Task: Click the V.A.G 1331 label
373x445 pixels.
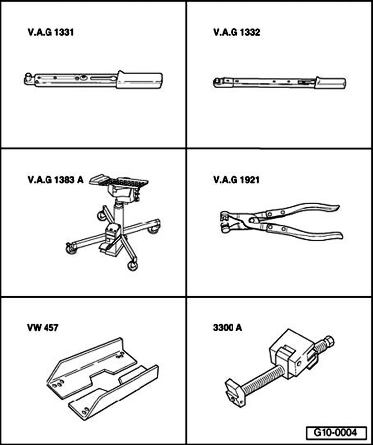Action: [x=51, y=32]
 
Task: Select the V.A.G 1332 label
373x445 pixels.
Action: [x=237, y=32]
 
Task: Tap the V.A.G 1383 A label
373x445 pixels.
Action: [x=55, y=180]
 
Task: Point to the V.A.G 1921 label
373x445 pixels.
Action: [x=236, y=180]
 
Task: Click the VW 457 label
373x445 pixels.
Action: [x=43, y=328]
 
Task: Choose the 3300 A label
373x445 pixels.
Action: [x=228, y=328]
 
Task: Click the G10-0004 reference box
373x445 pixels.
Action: [x=337, y=433]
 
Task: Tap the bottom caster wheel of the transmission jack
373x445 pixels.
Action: [x=133, y=266]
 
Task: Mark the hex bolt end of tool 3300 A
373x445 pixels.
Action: [x=329, y=341]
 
